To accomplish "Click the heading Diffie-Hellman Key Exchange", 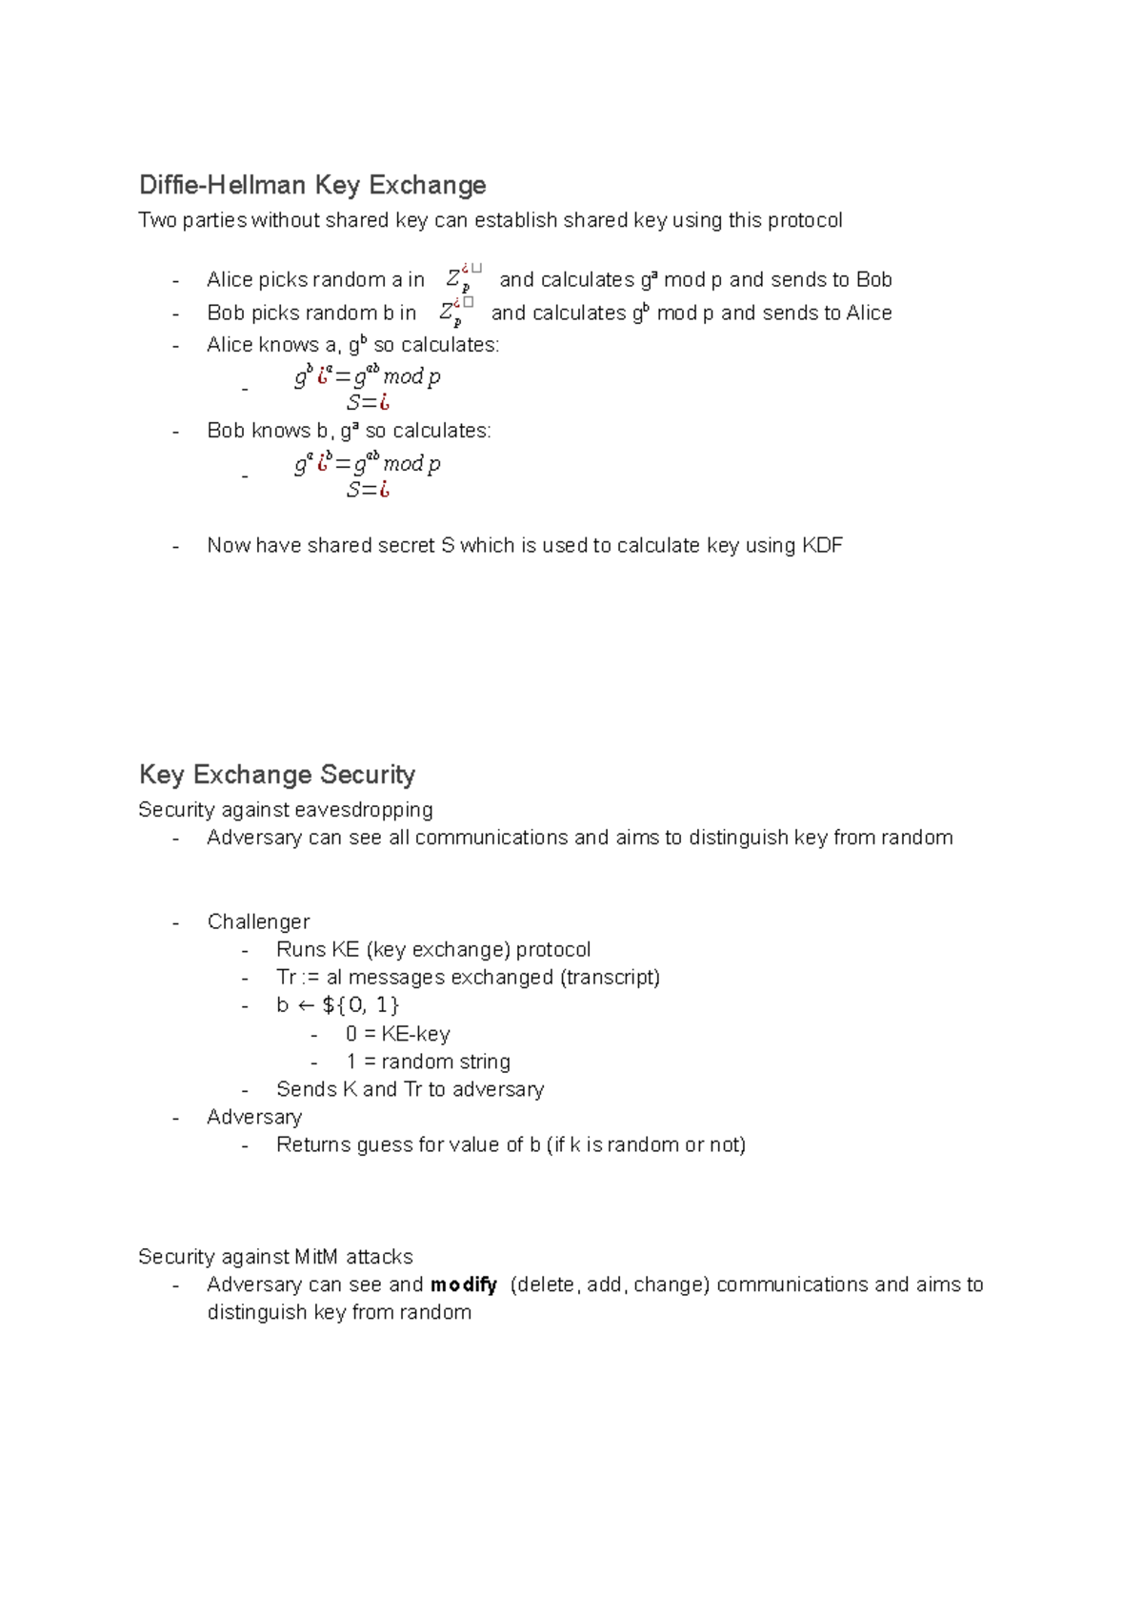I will click(312, 185).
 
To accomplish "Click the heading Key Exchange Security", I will click(276, 775).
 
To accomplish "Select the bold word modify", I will click(464, 1285).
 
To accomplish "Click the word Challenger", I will click(258, 922).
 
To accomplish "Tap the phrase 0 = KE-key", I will click(398, 1034).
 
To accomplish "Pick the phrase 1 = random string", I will click(429, 1062).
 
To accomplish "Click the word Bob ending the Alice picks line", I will click(873, 280).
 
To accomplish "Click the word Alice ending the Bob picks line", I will click(869, 313).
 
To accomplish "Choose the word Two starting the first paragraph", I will click(156, 221).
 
